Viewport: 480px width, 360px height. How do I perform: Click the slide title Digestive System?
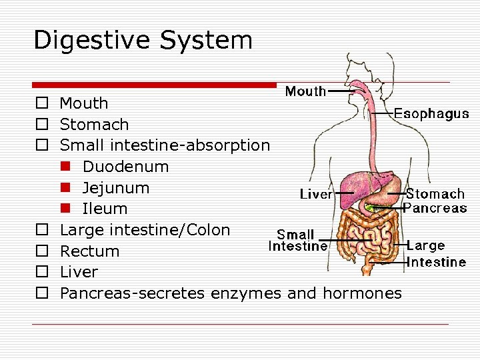coord(143,40)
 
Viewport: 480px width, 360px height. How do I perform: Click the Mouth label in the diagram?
coord(305,91)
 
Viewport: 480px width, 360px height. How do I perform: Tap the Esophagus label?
coord(431,114)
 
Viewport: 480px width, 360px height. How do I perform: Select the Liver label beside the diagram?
coord(315,194)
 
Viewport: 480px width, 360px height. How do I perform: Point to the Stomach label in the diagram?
coord(435,194)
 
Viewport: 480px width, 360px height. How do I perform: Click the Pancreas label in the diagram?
coord(435,208)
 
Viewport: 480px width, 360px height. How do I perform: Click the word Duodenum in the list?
coord(125,166)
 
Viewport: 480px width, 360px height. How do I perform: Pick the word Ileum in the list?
coord(104,209)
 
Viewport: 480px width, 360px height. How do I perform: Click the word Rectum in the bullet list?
coord(89,251)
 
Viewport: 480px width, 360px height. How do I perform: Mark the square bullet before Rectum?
coord(41,251)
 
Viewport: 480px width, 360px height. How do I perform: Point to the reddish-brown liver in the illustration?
coord(359,183)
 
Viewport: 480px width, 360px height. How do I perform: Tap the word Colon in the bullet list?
coord(207,231)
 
